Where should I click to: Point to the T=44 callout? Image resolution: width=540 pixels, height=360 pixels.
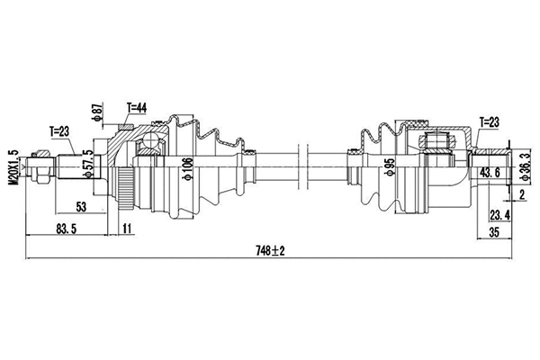(137, 108)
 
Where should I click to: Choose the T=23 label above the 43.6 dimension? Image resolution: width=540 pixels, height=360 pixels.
(490, 122)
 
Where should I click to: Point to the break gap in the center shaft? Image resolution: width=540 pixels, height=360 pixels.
(301, 167)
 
